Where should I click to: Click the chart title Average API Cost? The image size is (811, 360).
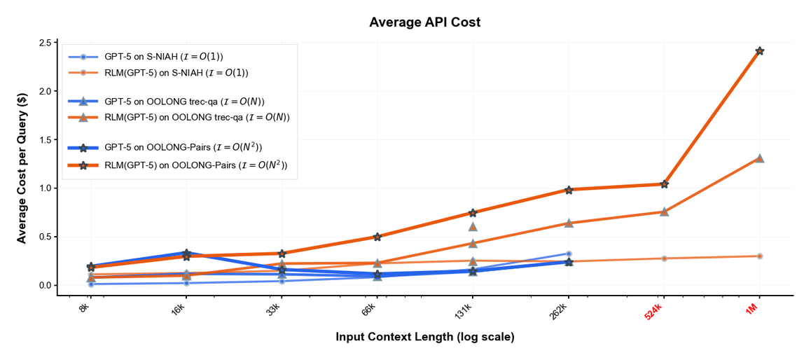424,22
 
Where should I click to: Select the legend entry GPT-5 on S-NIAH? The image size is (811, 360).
149,57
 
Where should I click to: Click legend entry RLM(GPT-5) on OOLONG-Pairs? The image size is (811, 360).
178,165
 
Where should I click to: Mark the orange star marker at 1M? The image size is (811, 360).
759,50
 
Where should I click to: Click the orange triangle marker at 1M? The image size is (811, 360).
759,158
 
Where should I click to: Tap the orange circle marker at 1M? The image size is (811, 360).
759,256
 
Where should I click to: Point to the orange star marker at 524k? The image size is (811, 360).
664,184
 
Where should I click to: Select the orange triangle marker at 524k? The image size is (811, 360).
664,212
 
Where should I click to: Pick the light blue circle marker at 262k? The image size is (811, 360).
569,254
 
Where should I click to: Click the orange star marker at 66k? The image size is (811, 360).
377,237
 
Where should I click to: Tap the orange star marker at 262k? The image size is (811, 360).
569,190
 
